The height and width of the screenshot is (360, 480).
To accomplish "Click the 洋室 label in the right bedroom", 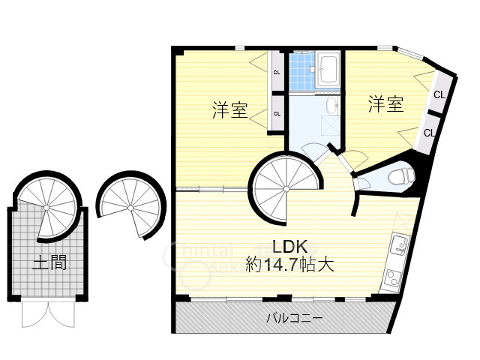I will pyautogui.click(x=385, y=105).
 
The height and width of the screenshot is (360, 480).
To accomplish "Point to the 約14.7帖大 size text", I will pyautogui.click(x=289, y=264).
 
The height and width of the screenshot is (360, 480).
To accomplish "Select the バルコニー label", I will pyautogui.click(x=295, y=317).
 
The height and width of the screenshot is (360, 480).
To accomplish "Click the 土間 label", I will pyautogui.click(x=49, y=262).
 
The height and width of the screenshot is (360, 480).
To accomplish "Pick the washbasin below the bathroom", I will pyautogui.click(x=332, y=106).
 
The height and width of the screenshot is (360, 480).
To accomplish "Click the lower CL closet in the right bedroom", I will pyautogui.click(x=430, y=133).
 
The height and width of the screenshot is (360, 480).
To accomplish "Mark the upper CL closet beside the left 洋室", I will pyautogui.click(x=277, y=73).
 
